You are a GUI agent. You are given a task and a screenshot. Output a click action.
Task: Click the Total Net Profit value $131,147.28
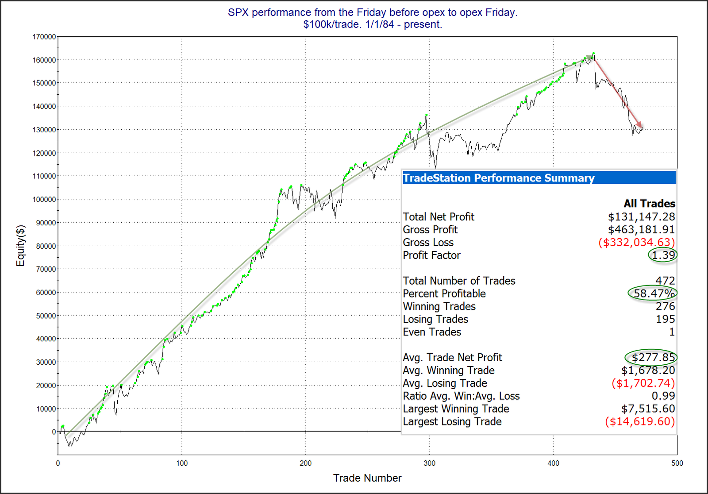coord(641,217)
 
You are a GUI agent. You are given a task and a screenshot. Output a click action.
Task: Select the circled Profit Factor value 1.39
coord(663,255)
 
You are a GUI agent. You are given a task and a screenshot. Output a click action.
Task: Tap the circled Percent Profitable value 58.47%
coord(654,293)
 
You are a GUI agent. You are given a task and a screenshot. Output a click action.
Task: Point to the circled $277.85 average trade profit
coord(653,358)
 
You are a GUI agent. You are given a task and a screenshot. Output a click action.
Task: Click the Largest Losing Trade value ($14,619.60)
coord(640,421)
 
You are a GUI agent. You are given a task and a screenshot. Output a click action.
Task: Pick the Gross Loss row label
coord(428,243)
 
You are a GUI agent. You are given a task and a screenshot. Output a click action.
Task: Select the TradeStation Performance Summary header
coord(499,178)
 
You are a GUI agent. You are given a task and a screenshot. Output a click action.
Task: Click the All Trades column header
coord(649,204)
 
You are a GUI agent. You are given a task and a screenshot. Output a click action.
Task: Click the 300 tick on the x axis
coord(429,463)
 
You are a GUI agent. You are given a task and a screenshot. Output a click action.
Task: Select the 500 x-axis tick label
coord(677,463)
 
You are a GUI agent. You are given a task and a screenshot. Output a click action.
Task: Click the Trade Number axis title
coord(367,478)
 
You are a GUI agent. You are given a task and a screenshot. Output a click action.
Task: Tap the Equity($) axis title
coord(20,246)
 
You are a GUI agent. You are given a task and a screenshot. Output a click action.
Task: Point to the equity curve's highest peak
coord(593,53)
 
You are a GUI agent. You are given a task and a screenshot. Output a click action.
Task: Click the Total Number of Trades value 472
coord(665,281)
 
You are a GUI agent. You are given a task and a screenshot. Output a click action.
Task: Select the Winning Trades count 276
coord(665,306)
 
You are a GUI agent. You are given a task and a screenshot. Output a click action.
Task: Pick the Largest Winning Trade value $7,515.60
coord(648,409)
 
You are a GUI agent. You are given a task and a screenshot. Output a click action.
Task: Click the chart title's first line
coord(373,12)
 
